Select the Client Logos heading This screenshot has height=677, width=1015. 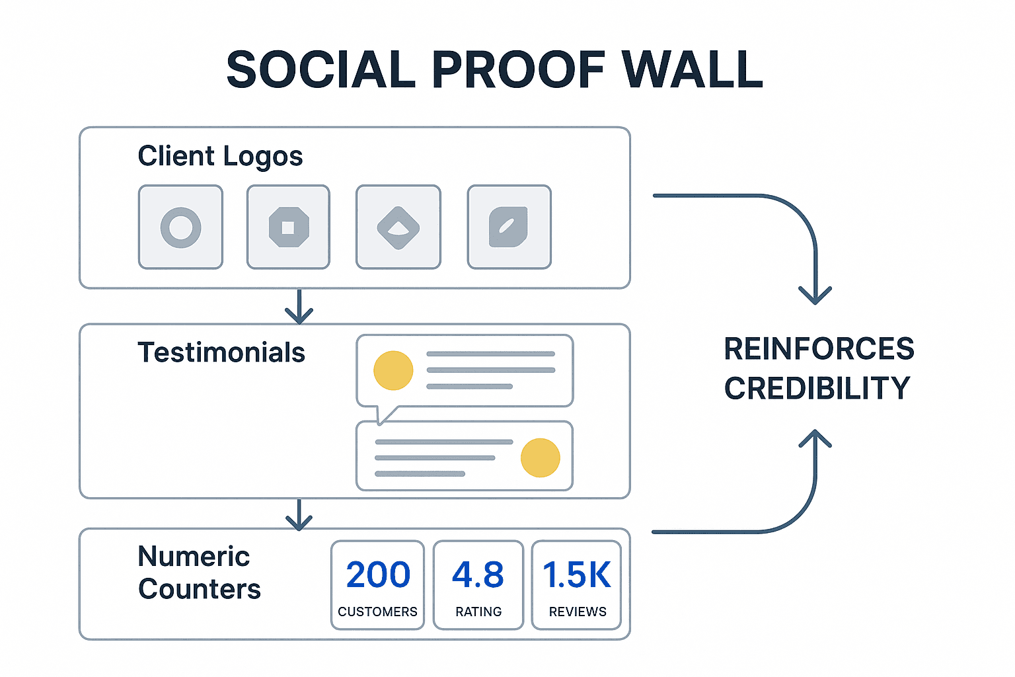(220, 157)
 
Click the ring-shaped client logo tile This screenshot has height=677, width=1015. (180, 227)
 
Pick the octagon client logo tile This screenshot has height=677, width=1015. (288, 227)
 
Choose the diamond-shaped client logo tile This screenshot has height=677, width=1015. (398, 227)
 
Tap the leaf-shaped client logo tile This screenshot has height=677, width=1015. (509, 227)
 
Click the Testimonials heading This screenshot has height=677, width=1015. (221, 352)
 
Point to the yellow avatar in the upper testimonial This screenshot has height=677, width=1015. (393, 370)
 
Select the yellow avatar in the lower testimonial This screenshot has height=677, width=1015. (540, 458)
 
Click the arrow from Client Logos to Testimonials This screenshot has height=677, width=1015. (299, 307)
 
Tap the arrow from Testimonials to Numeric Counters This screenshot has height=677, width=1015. (299, 515)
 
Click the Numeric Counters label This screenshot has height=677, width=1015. (199, 573)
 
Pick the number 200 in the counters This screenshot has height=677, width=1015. (378, 575)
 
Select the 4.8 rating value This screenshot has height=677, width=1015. (478, 575)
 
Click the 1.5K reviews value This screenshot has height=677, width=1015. (576, 575)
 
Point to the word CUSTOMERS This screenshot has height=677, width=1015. (377, 612)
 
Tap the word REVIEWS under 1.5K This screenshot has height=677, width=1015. (577, 612)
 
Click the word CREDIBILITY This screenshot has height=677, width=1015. (817, 388)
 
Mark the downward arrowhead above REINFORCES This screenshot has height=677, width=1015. (815, 294)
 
